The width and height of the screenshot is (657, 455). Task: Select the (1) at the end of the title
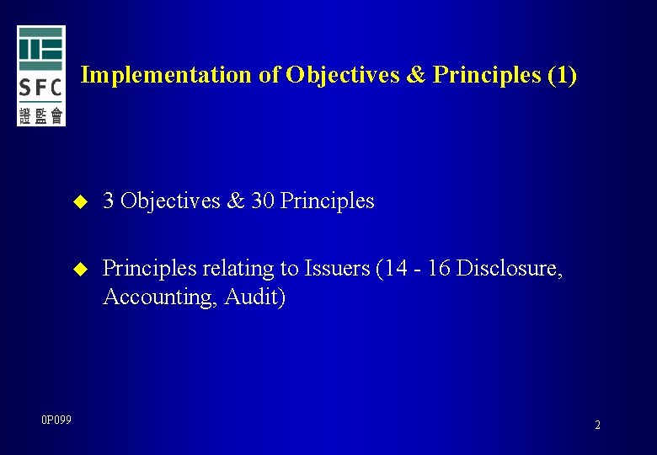tap(562, 75)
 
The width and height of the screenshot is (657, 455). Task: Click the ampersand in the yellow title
tap(417, 75)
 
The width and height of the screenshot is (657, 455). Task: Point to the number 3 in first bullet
tap(108, 201)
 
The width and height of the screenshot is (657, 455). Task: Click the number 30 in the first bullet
tap(263, 201)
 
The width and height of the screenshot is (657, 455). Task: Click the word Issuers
tap(337, 269)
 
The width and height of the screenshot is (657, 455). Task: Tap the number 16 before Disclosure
tap(439, 269)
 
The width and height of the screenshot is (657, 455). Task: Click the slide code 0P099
tap(56, 420)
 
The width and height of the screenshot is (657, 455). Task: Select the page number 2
tap(597, 425)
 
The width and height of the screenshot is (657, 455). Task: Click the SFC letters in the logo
tap(41, 88)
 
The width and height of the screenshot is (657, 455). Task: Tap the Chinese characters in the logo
tap(41, 115)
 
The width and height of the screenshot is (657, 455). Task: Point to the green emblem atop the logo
tap(41, 49)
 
